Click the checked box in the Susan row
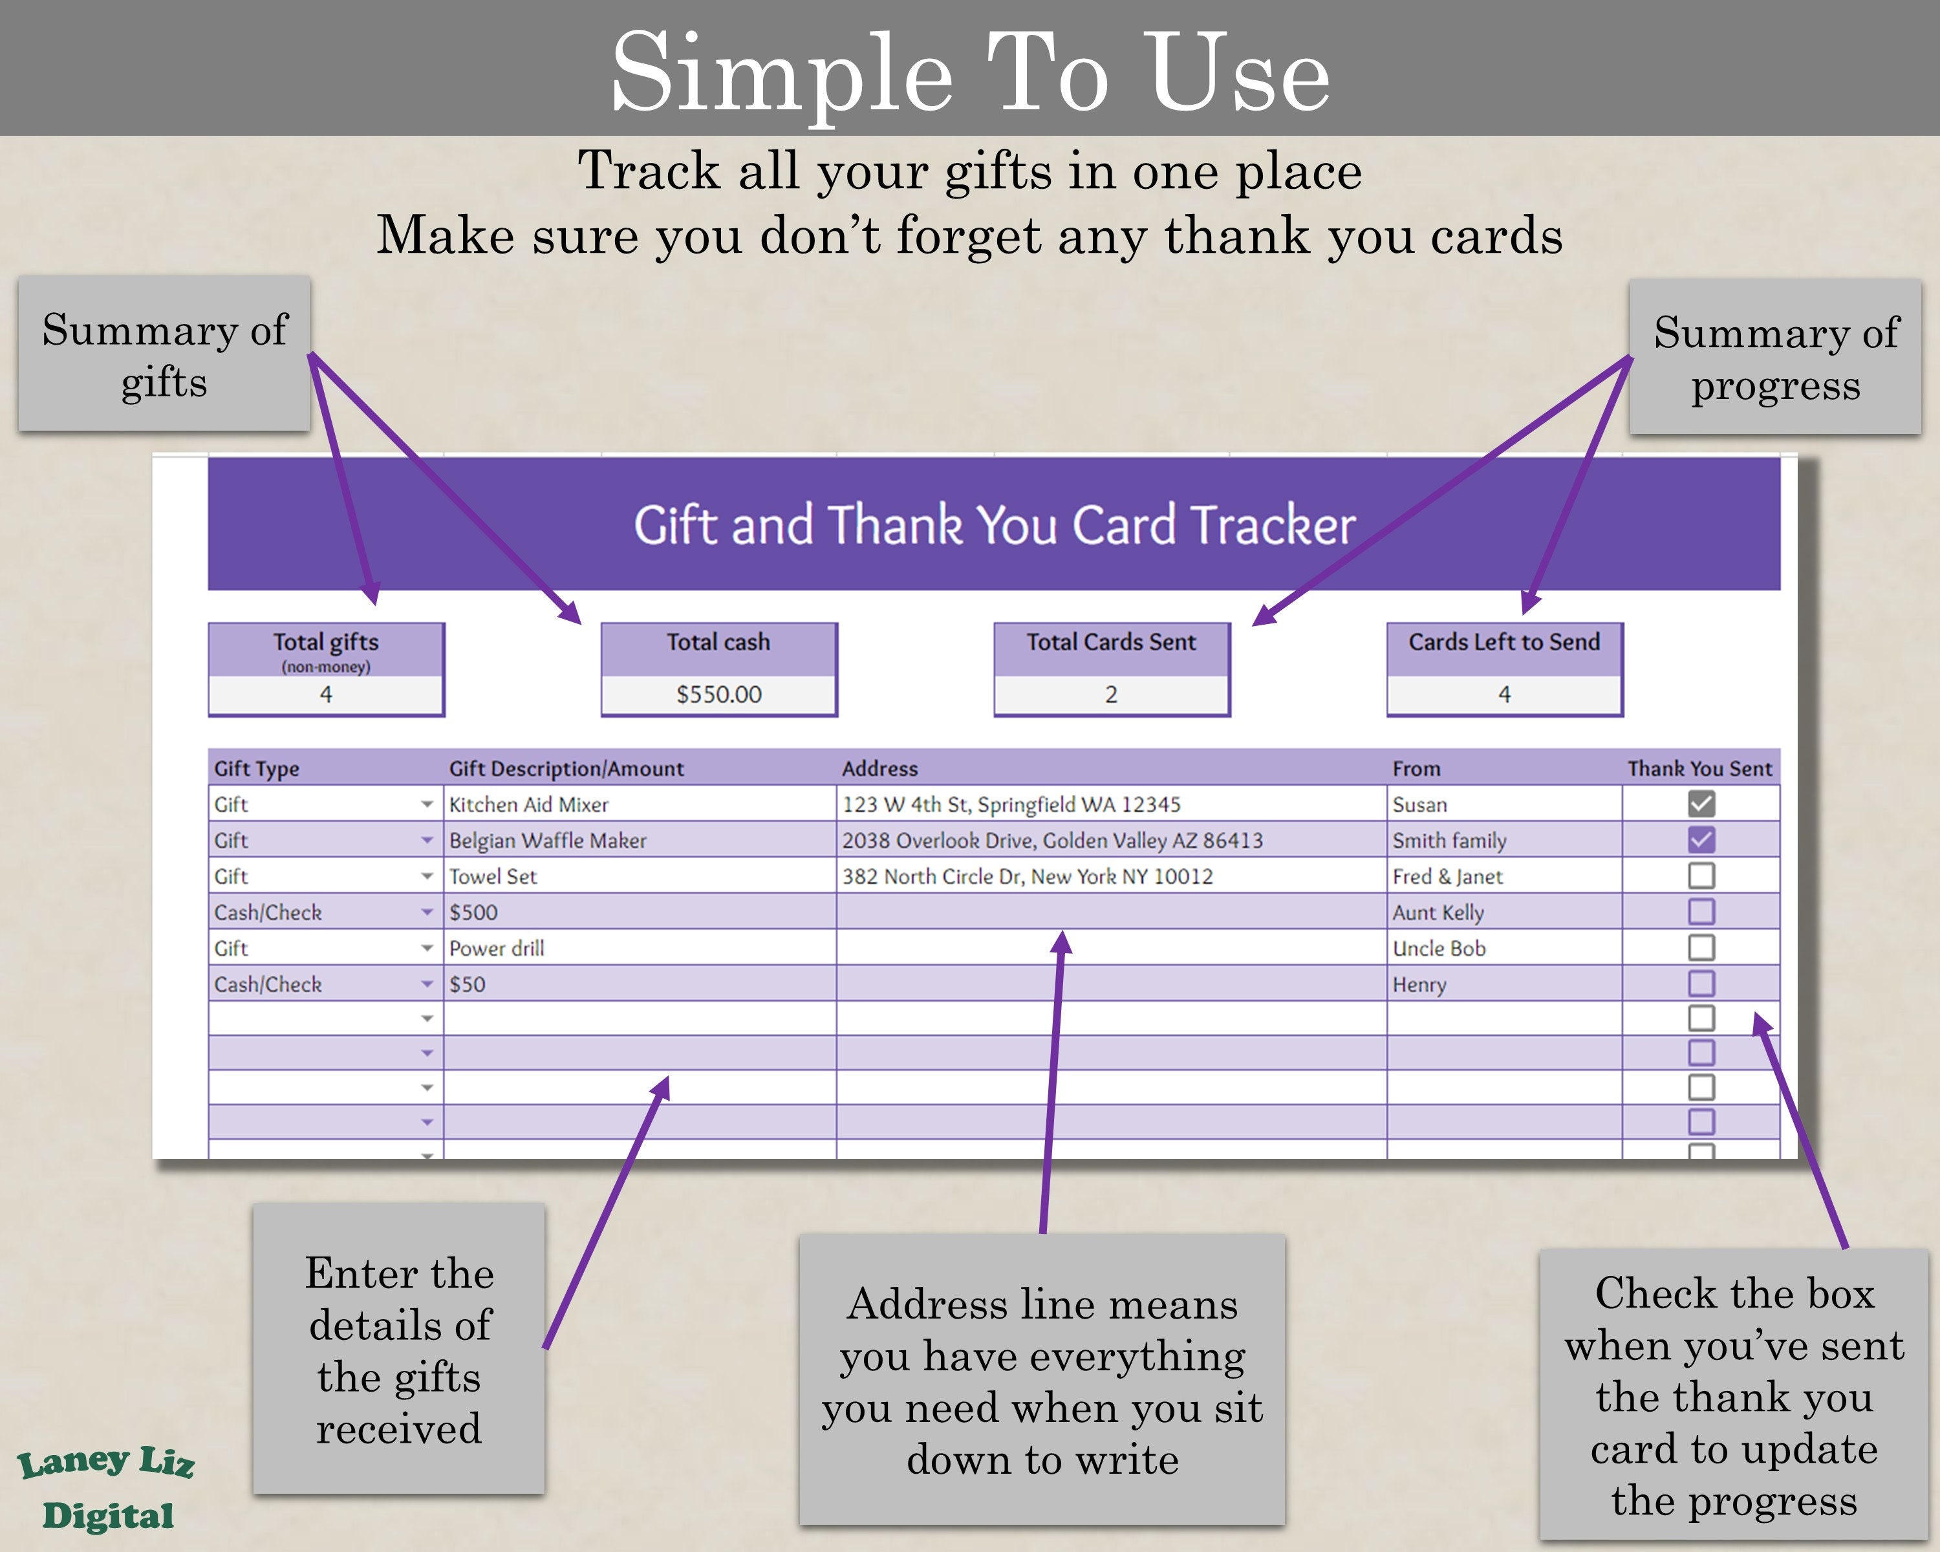coord(1701,803)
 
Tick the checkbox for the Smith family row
coord(1701,839)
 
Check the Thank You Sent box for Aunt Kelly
coord(1701,911)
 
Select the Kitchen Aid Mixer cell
coord(529,804)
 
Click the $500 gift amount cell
coord(474,912)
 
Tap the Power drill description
coord(497,948)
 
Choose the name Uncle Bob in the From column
coord(1439,948)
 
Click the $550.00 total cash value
coord(719,695)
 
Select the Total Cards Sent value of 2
coord(1111,695)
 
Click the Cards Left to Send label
coord(1503,642)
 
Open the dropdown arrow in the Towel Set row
coord(427,876)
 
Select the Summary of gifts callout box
coord(164,354)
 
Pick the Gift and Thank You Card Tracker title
coord(995,524)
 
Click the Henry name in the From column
coord(1419,984)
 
